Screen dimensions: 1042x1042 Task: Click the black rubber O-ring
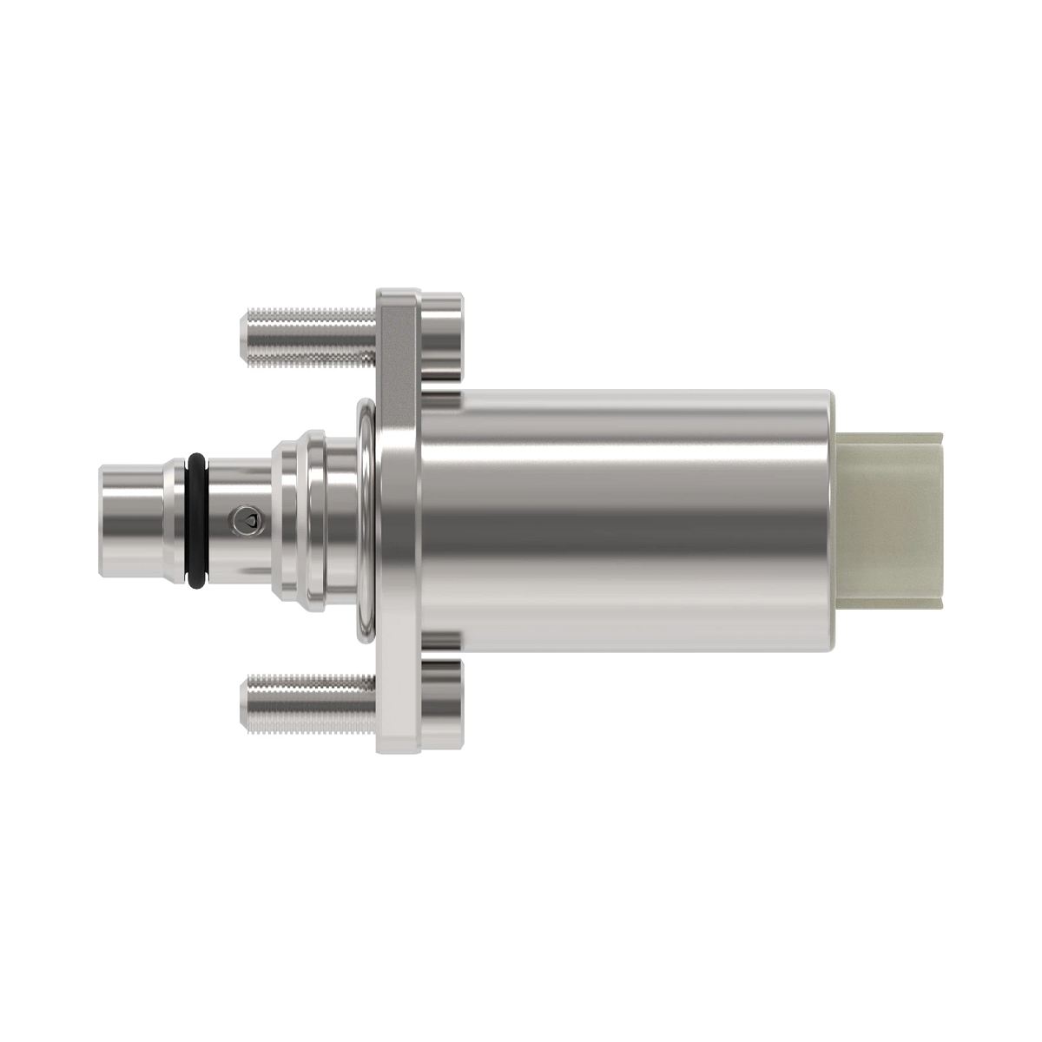(x=196, y=521)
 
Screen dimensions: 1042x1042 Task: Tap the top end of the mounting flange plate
(x=398, y=304)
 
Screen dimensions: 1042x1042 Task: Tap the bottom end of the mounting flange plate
(x=398, y=738)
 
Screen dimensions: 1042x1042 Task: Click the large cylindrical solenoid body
(x=625, y=521)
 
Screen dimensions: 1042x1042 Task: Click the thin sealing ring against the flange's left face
(x=366, y=521)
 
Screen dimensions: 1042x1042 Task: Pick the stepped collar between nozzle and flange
(x=300, y=521)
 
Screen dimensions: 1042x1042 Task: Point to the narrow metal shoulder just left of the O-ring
(x=177, y=521)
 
